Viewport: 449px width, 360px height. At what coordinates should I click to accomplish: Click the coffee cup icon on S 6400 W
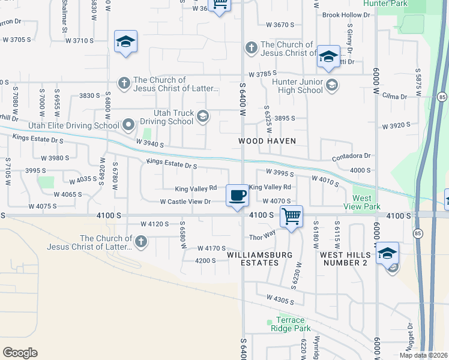(x=237, y=195)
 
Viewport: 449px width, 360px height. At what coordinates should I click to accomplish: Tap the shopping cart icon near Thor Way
(x=291, y=215)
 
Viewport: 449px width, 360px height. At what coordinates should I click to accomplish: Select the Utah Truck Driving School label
(x=165, y=116)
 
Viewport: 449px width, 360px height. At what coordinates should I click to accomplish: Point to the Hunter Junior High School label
(x=297, y=86)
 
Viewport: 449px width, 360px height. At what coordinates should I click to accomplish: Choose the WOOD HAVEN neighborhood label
(x=268, y=140)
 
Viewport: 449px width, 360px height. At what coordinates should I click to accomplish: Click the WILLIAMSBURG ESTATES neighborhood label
(x=260, y=259)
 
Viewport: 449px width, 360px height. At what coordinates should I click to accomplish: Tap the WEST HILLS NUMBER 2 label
(x=345, y=259)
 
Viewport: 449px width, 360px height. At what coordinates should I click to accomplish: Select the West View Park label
(x=367, y=202)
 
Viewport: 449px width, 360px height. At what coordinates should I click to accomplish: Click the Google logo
(x=20, y=352)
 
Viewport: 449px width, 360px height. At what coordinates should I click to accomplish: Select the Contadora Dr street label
(x=351, y=156)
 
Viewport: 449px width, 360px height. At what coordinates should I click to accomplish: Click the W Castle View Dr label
(x=185, y=202)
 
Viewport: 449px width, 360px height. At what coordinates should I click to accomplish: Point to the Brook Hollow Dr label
(x=346, y=15)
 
